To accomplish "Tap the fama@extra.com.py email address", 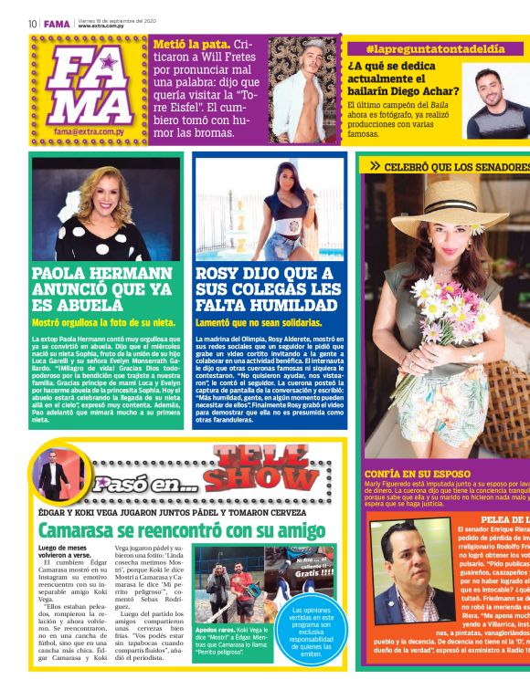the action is pos(89,131).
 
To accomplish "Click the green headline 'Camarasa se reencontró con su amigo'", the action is pos(181,529).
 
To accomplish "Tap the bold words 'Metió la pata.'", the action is pos(192,43).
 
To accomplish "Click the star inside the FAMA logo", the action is pos(111,64).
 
